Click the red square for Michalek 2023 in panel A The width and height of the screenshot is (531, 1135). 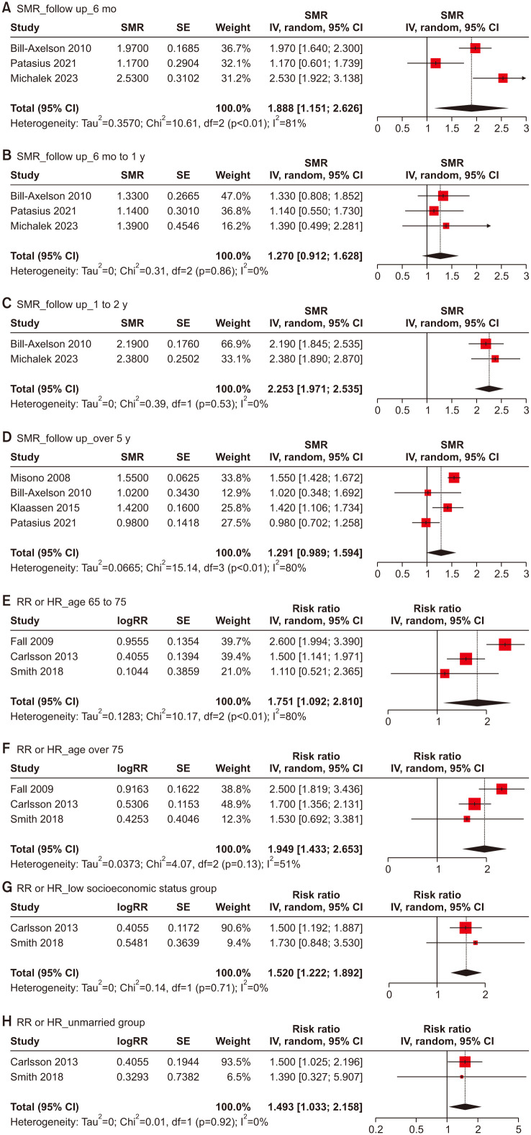point(502,78)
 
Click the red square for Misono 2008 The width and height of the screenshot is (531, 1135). point(454,478)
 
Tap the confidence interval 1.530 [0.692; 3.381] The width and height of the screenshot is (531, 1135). point(315,819)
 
